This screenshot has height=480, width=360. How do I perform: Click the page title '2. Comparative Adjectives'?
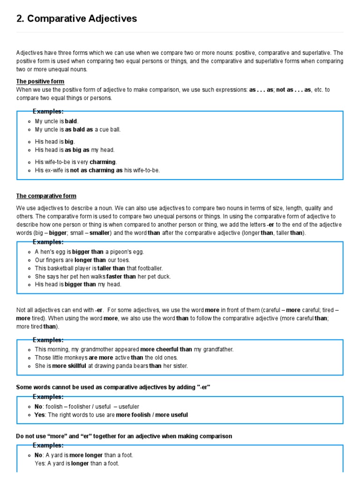(x=77, y=19)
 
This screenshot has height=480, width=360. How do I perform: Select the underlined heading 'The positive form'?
(x=40, y=82)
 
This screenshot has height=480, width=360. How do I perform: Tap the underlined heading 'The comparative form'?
(x=46, y=196)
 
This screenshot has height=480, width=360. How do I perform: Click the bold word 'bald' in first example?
(x=71, y=121)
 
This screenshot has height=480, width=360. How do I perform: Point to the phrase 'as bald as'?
(x=79, y=129)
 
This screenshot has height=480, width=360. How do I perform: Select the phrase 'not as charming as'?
(x=97, y=170)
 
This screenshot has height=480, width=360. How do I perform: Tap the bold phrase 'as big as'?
(x=77, y=150)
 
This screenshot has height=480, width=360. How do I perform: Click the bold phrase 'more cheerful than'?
(x=166, y=349)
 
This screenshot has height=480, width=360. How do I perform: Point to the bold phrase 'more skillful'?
(x=66, y=366)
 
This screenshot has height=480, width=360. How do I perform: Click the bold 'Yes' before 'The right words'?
(x=40, y=415)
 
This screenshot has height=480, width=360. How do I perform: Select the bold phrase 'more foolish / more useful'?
(x=152, y=415)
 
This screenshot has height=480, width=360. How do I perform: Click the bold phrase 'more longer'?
(x=87, y=455)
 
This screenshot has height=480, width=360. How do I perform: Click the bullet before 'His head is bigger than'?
(x=30, y=285)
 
